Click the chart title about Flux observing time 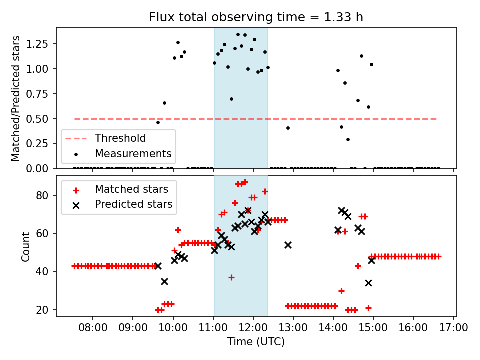coord(256,17)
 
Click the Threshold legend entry coord(120,138)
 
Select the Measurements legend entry coord(133,153)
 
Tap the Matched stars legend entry coord(131,189)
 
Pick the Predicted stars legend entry coord(133,204)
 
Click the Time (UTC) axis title coord(256,342)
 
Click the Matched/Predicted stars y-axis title coord(16,98)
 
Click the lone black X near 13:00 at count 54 coord(288,245)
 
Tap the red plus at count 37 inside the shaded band coord(231,277)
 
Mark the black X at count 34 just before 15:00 coord(368,283)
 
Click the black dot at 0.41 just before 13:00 coord(288,128)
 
